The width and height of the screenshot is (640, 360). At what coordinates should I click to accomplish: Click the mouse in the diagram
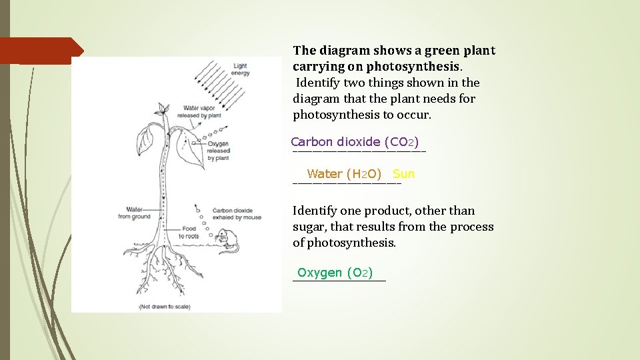click(227, 239)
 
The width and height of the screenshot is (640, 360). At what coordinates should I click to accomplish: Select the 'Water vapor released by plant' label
click(202, 111)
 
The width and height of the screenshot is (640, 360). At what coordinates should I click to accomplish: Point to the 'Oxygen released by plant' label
click(219, 151)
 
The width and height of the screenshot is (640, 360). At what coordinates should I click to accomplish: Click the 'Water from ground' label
click(134, 213)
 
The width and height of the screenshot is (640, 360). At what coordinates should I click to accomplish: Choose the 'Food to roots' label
click(189, 232)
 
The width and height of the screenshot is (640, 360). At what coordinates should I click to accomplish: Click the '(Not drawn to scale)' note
click(164, 307)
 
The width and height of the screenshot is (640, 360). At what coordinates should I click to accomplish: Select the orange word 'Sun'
click(403, 174)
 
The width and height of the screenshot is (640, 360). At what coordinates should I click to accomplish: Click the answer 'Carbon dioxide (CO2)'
click(355, 141)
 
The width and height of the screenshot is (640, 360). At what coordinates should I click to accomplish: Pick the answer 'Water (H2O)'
click(344, 174)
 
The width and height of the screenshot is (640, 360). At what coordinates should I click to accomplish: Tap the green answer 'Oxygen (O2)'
click(335, 272)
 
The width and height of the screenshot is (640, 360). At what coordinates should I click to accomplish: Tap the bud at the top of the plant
click(161, 108)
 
